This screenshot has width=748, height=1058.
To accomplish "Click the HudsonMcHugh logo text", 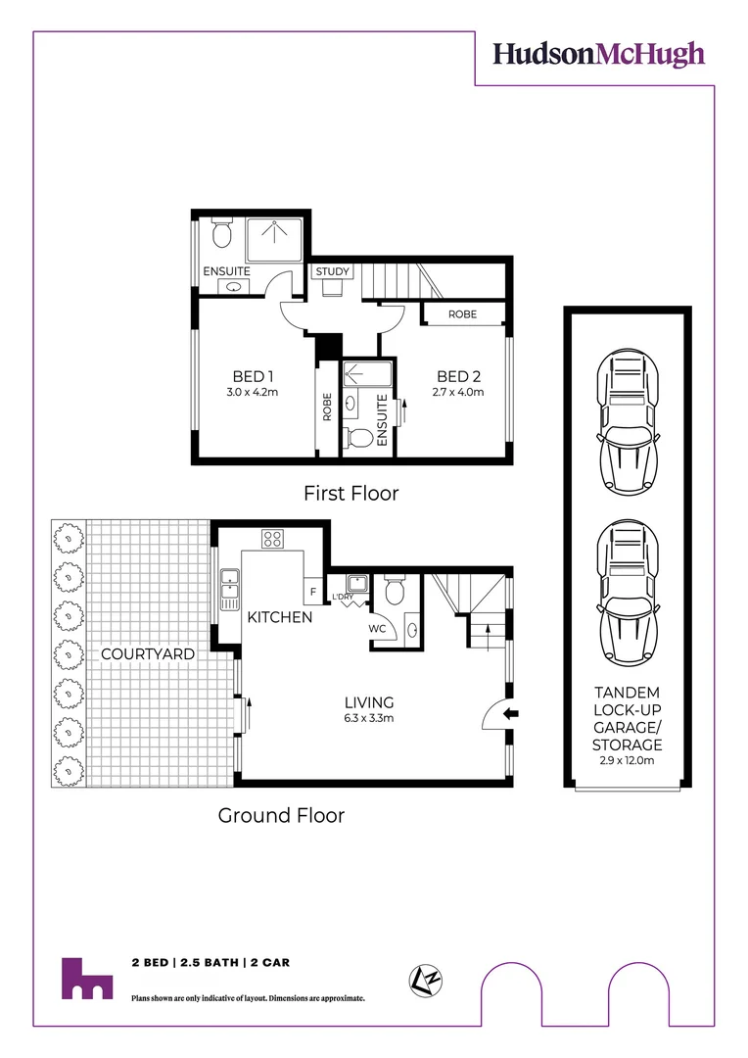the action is (x=598, y=55).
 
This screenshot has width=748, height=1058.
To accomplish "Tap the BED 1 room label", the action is (x=253, y=376).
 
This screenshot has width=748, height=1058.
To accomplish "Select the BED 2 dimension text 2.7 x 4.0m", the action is (x=458, y=392).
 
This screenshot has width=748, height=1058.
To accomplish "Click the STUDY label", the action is (x=333, y=271).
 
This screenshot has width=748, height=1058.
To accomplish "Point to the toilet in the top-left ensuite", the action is (x=221, y=233).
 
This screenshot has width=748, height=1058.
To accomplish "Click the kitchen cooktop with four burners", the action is (x=272, y=539).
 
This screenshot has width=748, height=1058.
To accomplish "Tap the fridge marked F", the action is (x=313, y=592).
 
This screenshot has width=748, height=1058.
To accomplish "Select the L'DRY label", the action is (x=343, y=598).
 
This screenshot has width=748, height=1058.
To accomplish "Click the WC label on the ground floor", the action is (x=377, y=629).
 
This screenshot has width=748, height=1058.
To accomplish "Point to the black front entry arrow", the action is (x=512, y=712).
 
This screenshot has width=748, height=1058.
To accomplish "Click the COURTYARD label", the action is (x=148, y=653).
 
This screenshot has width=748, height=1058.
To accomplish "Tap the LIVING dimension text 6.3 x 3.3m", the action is (x=369, y=718).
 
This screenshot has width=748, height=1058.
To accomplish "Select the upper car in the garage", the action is (x=628, y=422).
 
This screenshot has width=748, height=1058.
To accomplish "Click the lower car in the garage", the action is (x=628, y=594).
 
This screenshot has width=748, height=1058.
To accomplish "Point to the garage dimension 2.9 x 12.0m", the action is (x=628, y=760).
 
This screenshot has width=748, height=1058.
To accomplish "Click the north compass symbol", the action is (x=426, y=981).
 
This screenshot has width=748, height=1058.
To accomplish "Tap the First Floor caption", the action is (x=351, y=493).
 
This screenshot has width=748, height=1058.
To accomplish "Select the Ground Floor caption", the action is (x=281, y=815).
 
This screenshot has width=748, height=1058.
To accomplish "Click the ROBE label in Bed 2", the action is (x=463, y=314).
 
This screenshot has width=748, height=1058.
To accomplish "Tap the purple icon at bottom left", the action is (x=87, y=979).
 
